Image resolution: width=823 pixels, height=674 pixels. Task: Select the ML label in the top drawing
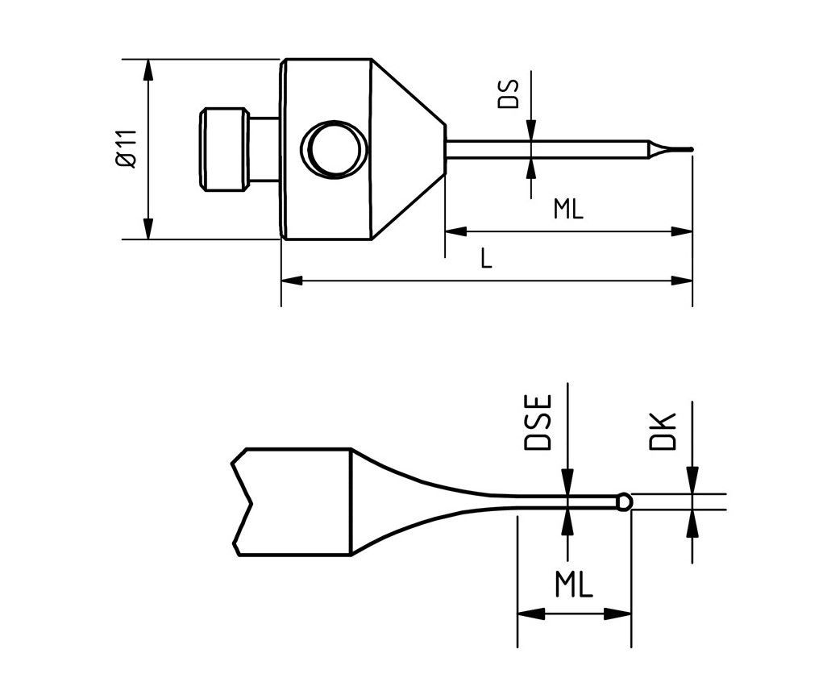tap(567, 210)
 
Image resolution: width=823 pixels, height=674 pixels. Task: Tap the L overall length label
tap(485, 259)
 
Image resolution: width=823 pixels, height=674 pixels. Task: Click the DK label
tap(663, 431)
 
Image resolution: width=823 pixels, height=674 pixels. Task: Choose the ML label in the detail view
tap(573, 585)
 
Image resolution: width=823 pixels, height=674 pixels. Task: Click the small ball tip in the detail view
tap(624, 501)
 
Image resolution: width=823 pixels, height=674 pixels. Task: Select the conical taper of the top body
tap(408, 149)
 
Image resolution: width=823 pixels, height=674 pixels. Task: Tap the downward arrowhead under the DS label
tap(530, 132)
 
